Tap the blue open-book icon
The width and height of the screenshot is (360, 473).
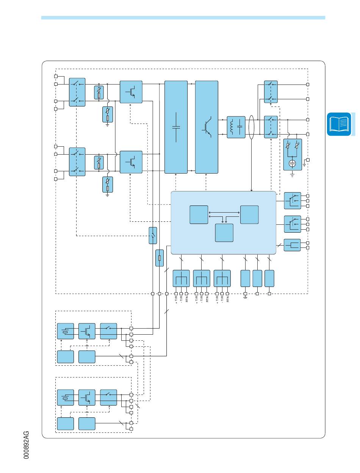[x=339, y=124]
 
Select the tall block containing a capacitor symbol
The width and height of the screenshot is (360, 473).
[x=176, y=127]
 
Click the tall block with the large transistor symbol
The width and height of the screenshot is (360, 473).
[x=207, y=127]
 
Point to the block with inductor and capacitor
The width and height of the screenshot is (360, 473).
[x=236, y=127]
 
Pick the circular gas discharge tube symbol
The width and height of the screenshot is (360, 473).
[x=293, y=163]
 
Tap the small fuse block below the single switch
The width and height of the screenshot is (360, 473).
[x=160, y=258]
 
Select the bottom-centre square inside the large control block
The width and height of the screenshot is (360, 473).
[x=224, y=233]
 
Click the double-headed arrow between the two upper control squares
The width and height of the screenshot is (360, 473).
[x=224, y=213]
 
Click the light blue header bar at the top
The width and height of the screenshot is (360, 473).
[x=183, y=17]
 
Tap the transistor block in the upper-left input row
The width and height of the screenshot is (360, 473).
[x=131, y=92]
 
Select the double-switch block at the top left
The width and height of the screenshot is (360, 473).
[x=77, y=92]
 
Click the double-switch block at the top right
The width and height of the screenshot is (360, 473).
[x=271, y=91]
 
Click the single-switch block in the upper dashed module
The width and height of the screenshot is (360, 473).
[x=109, y=331]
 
